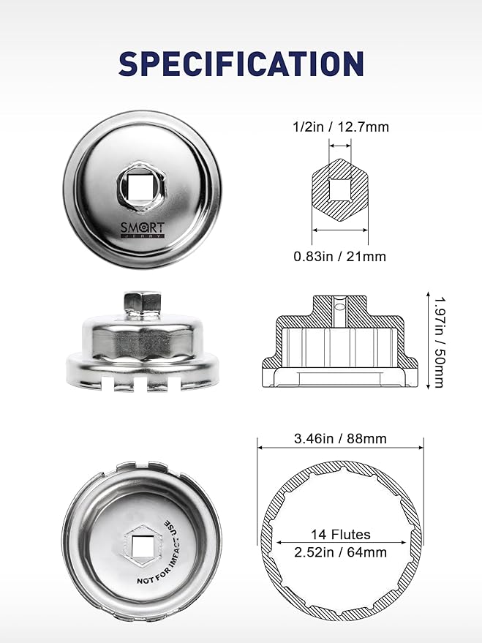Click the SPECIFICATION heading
click(x=241, y=64)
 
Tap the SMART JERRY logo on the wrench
click(x=142, y=230)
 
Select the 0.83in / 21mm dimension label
click(x=339, y=256)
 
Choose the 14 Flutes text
click(x=341, y=535)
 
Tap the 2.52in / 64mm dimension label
click(x=341, y=552)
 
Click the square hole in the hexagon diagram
click(x=339, y=189)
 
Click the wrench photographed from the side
click(x=142, y=344)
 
